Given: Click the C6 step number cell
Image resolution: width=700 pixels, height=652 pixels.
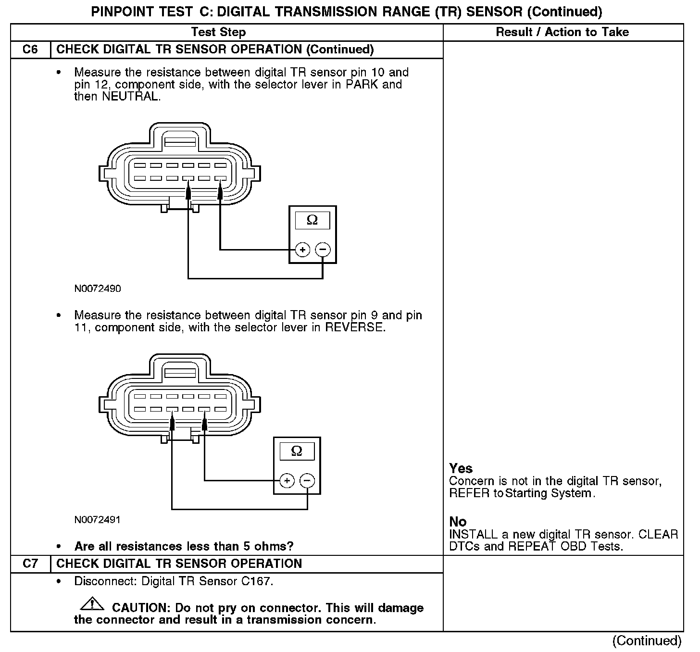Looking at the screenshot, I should tap(30, 50).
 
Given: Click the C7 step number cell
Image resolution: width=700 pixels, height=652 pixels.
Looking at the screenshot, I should tap(30, 564).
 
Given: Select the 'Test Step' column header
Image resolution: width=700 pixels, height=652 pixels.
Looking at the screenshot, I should tap(218, 32).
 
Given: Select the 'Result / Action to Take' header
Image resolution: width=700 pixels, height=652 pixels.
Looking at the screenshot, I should tap(562, 32).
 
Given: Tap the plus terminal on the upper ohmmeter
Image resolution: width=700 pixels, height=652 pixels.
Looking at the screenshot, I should tap(302, 250).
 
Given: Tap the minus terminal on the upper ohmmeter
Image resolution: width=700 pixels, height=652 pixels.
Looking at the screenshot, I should tap(323, 250).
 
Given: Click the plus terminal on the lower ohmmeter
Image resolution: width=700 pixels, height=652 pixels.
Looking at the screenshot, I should tap(287, 480).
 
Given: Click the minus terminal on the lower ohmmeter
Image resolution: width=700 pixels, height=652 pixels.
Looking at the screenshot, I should tap(307, 480).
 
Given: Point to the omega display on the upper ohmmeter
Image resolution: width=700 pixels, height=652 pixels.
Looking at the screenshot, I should tap(312, 220).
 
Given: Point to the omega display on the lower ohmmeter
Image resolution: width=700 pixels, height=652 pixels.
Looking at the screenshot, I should tap(297, 451).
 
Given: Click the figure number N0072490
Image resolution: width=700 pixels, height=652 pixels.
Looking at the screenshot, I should tap(98, 289).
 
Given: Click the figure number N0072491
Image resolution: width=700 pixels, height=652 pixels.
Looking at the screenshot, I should tap(98, 520).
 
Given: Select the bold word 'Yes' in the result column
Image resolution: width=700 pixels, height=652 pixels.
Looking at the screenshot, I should tap(461, 468).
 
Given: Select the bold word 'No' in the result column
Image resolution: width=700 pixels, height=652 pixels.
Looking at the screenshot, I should tap(458, 522).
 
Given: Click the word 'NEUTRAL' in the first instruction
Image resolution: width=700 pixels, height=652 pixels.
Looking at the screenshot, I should tap(130, 96).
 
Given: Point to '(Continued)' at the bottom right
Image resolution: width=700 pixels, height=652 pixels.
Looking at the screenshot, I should tap(647, 640).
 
